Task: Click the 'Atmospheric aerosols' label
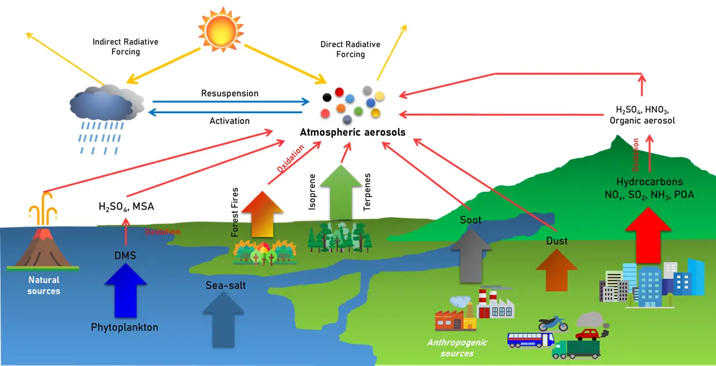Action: pos(353,132)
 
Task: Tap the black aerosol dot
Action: pos(327,97)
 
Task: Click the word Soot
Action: pos(470,220)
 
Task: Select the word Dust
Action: pos(556,241)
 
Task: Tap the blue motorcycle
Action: pos(552,324)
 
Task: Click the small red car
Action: pos(587,334)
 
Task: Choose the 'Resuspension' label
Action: pos(230,93)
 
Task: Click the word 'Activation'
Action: pos(230,121)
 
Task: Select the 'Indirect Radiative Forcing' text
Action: pos(125,47)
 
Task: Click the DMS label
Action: pos(125,255)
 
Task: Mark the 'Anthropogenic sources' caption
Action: pos(457,348)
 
